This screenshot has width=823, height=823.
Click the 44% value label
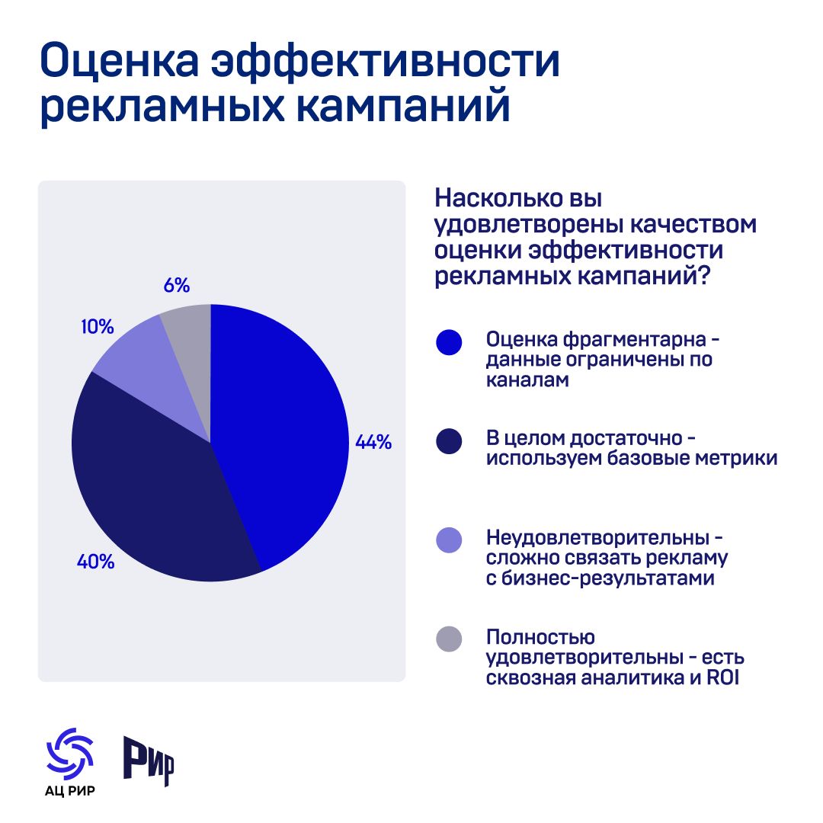tap(373, 442)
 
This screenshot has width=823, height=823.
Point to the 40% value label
tap(95, 562)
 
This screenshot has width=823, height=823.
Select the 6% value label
tap(177, 286)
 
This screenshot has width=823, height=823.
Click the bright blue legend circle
tap(450, 342)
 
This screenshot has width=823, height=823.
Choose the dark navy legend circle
tap(450, 441)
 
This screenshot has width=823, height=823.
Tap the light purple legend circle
tap(450, 540)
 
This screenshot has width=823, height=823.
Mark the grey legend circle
tap(450, 639)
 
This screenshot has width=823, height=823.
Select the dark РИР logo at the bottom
tap(149, 761)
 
